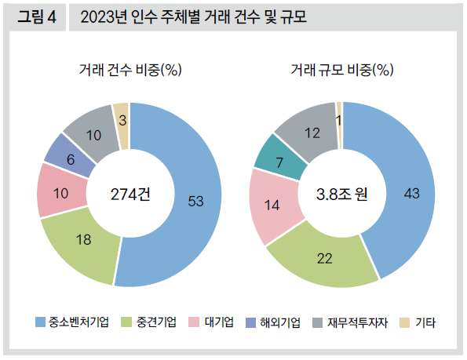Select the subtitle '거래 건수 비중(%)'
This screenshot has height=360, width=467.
pyautogui.click(x=130, y=71)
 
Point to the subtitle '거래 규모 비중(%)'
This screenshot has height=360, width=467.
pyautogui.click(x=341, y=71)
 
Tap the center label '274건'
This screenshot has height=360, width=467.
pyautogui.click(x=130, y=195)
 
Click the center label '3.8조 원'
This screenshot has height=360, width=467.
pyautogui.click(x=342, y=193)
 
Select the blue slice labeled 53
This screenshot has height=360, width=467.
pyautogui.click(x=196, y=201)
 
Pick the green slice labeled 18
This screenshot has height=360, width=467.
pyautogui.click(x=84, y=241)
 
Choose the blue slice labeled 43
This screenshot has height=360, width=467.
pyautogui.click(x=408, y=193)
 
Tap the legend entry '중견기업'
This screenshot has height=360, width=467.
pyautogui.click(x=155, y=322)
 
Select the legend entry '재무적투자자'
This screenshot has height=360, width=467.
pyautogui.click(x=355, y=322)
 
